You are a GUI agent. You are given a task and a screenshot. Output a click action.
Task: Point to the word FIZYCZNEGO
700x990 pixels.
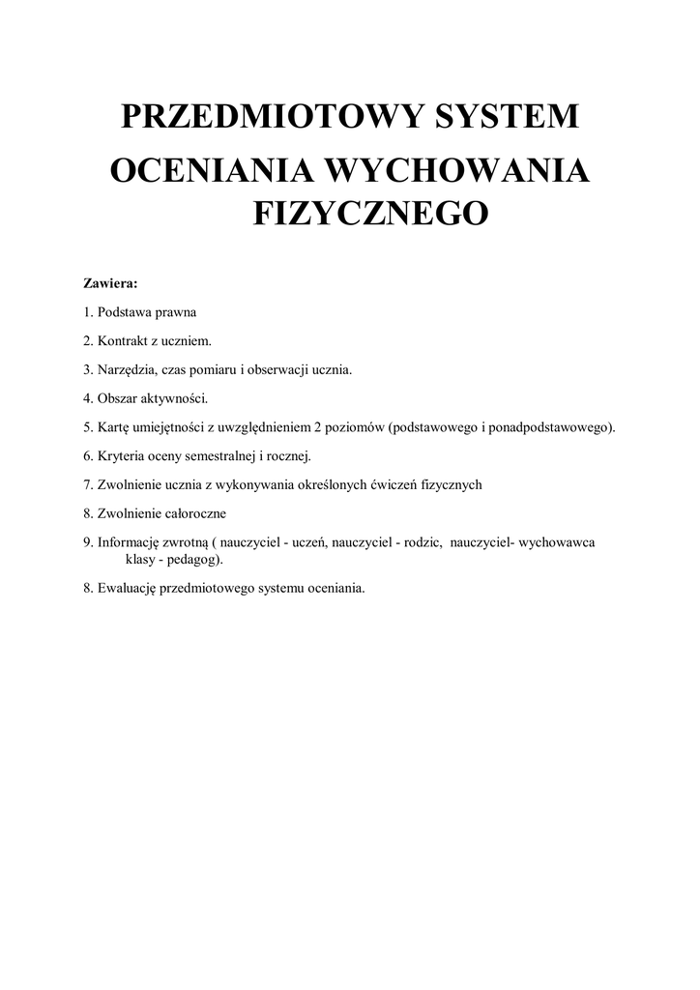tap(371, 212)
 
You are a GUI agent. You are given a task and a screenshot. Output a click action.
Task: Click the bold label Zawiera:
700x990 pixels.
tap(110, 284)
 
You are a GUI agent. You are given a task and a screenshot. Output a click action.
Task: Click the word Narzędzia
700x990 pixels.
tap(128, 369)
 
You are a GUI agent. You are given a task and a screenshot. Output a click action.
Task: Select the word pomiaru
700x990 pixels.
tap(218, 369)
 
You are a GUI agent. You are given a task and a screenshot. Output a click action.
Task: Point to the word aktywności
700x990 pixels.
tap(175, 397)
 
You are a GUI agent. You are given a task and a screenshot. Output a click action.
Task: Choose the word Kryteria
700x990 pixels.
tap(120, 454)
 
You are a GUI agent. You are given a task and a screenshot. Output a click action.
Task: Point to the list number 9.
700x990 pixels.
tap(87, 543)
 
